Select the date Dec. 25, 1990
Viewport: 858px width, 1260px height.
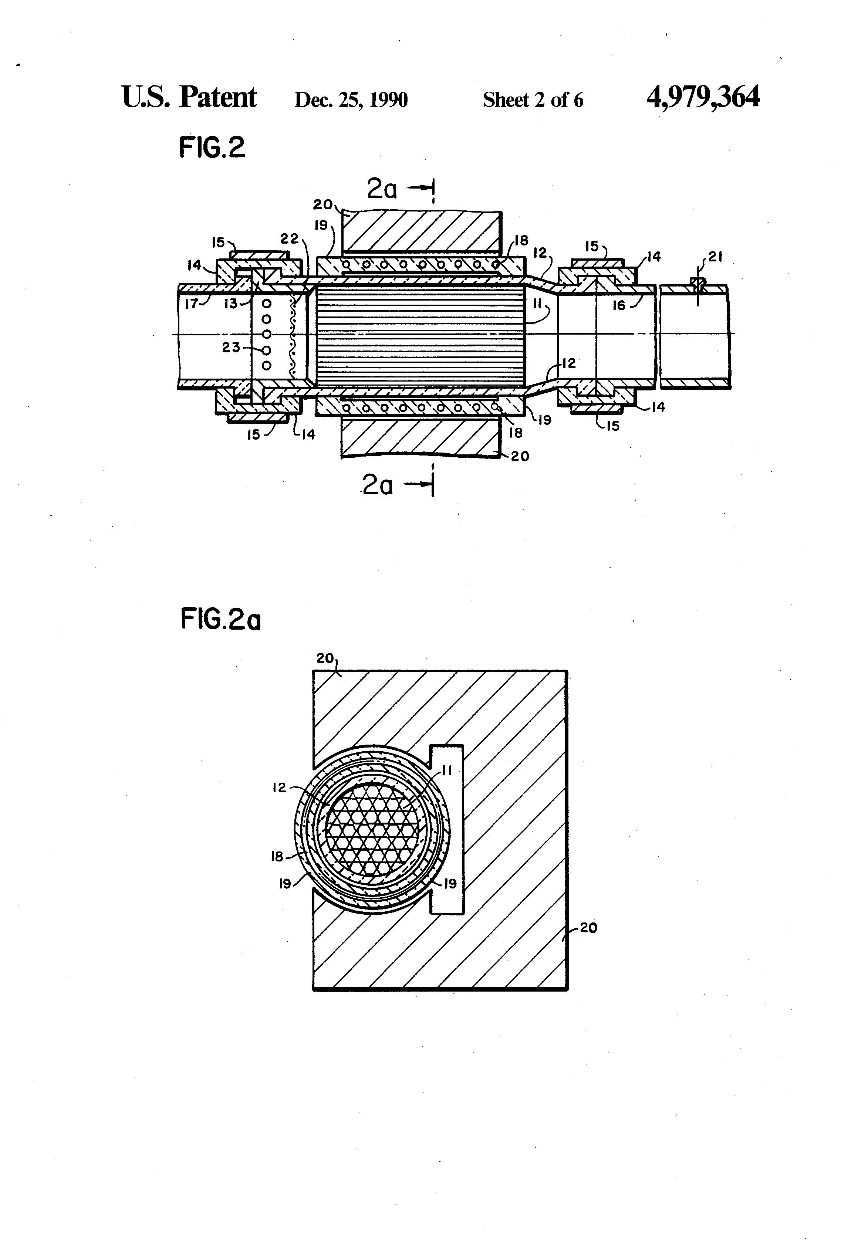tap(351, 100)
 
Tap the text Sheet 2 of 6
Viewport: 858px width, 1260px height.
tap(533, 100)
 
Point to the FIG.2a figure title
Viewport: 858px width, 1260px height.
tap(220, 619)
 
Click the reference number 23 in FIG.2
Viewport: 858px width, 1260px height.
tap(231, 347)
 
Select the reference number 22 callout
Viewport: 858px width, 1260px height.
tap(290, 238)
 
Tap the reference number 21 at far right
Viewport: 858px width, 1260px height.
tap(715, 257)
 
